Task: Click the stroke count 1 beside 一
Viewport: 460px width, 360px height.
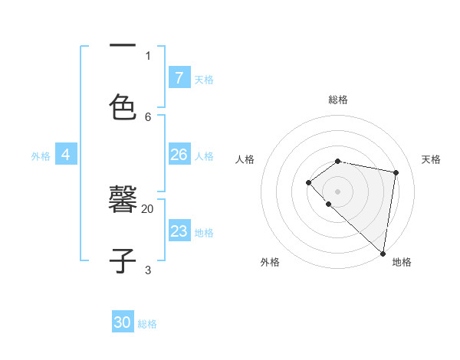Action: click(148, 55)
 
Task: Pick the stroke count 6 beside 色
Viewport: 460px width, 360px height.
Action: click(148, 116)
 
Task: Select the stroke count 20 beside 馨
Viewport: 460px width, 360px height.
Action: click(148, 208)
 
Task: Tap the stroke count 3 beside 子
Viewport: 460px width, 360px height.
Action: click(148, 270)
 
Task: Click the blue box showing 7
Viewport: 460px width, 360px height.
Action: click(179, 77)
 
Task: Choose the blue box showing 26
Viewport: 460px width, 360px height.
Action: click(179, 155)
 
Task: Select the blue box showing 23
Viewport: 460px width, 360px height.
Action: click(179, 231)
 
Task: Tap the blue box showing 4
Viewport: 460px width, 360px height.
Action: click(66, 155)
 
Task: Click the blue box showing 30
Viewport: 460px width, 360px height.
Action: click(123, 322)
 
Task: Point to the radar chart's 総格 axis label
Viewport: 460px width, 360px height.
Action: click(338, 100)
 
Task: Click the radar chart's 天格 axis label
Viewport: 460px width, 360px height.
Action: click(431, 159)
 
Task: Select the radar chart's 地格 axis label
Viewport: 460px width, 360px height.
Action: click(402, 262)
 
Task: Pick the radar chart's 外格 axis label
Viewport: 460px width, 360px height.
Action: click(270, 262)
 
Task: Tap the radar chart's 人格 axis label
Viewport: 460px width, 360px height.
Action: click(245, 159)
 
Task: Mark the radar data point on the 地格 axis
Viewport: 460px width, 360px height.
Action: click(383, 254)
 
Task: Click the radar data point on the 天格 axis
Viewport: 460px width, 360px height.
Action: click(396, 172)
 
